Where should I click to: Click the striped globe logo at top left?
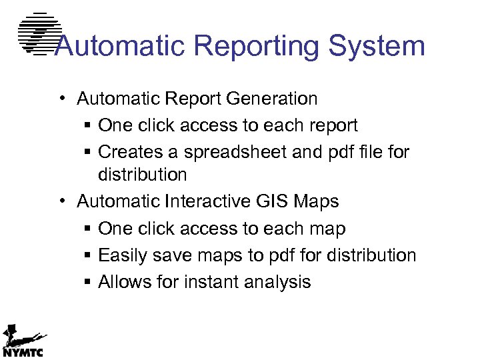(39, 33)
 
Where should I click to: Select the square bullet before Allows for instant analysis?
(88, 283)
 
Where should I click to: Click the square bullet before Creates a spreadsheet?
(88, 153)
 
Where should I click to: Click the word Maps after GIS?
(317, 201)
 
